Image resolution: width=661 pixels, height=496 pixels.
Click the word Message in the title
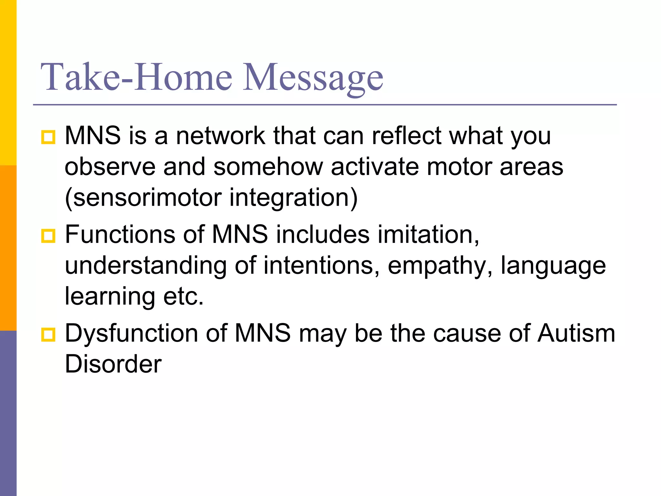point(313,77)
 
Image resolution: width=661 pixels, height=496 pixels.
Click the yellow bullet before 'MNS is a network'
point(48,137)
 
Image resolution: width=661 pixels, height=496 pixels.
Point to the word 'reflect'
point(407,136)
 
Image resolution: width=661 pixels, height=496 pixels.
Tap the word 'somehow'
point(268,167)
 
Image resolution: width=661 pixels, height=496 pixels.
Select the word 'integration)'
point(293,198)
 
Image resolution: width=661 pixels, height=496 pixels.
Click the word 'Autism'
point(576,333)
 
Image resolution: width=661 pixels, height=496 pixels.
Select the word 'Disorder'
point(113,364)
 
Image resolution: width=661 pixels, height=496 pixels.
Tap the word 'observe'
point(110,167)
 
